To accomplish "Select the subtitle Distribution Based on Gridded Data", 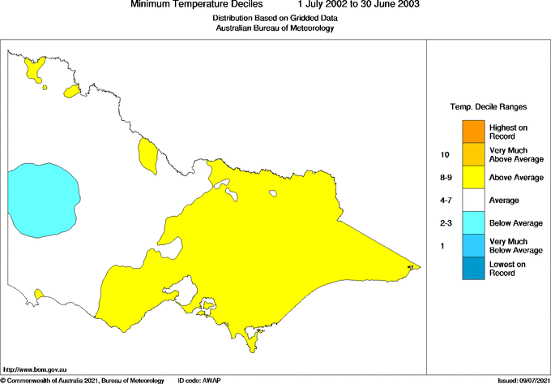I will (275, 18).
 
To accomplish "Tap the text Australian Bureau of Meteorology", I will (275, 28).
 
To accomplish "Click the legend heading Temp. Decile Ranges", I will (489, 106).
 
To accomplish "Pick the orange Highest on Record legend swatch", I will (473, 131).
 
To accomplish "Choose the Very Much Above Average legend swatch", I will (473, 154).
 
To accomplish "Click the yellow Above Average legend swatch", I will (473, 177).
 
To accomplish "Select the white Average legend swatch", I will (473, 200).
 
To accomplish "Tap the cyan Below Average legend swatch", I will (473, 222).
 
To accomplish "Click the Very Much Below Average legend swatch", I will (473, 246).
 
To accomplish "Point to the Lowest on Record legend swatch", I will (473, 269).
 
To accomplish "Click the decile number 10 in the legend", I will (444, 154).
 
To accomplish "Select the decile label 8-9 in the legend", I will (445, 177).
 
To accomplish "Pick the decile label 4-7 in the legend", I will (445, 200).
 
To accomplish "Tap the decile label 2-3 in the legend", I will (445, 222).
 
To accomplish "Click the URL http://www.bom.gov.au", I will (36, 369).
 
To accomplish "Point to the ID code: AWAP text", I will (203, 380).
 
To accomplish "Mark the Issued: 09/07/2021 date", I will (523, 380).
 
